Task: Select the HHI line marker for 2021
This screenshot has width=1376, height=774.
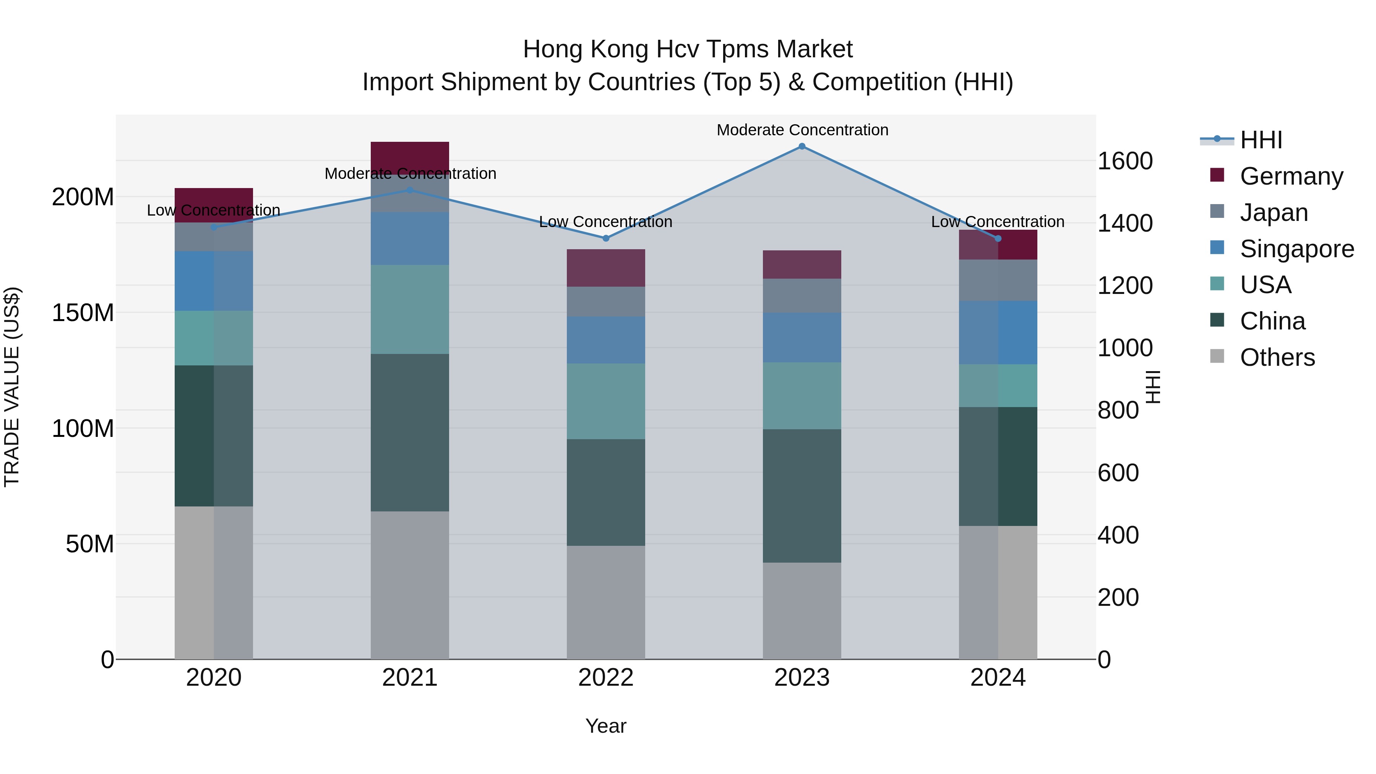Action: pos(410,190)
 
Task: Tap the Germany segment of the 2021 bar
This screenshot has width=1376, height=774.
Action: pos(410,157)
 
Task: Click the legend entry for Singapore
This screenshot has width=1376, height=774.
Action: pos(1296,249)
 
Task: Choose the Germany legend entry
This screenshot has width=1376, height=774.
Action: pos(1291,176)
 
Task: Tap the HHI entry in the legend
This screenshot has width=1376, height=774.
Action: pos(1261,140)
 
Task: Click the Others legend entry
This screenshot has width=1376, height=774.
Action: pos(1277,357)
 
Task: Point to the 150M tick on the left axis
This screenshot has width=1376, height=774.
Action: pos(83,313)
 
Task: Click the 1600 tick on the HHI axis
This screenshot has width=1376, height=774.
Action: pos(1125,161)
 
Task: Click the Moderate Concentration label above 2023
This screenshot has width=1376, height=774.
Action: pos(802,130)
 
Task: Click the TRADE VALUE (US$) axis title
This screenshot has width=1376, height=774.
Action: pos(12,387)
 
